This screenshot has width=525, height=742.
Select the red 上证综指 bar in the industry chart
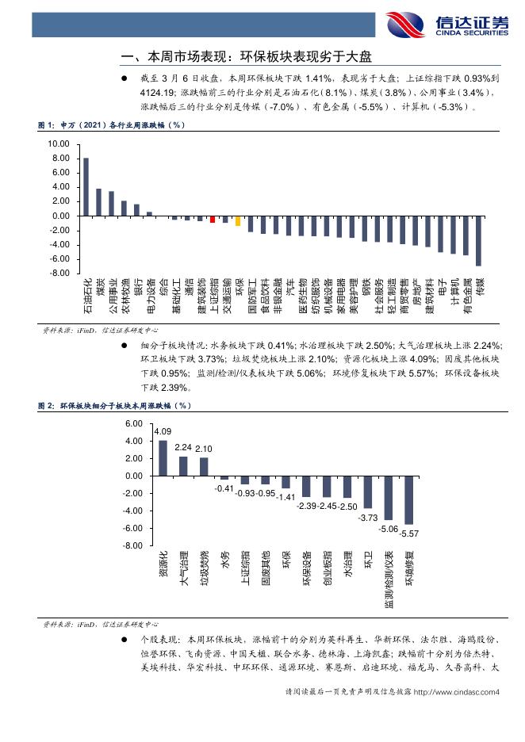click(x=213, y=219)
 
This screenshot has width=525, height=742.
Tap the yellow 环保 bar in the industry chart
click(x=238, y=220)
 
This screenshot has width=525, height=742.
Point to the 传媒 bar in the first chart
click(x=478, y=240)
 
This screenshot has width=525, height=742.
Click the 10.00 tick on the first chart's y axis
click(x=59, y=144)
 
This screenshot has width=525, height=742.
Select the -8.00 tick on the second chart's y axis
click(x=132, y=546)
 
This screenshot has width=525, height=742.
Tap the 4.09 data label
click(x=163, y=431)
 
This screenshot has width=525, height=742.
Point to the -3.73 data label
click(x=368, y=518)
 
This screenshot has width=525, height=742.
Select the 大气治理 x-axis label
click(x=184, y=568)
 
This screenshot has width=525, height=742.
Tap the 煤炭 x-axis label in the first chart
click(x=100, y=286)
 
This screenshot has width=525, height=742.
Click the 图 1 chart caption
click(x=111, y=124)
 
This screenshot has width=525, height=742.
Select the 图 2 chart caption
click(x=115, y=405)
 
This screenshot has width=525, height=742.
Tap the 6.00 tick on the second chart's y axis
click(x=132, y=424)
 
